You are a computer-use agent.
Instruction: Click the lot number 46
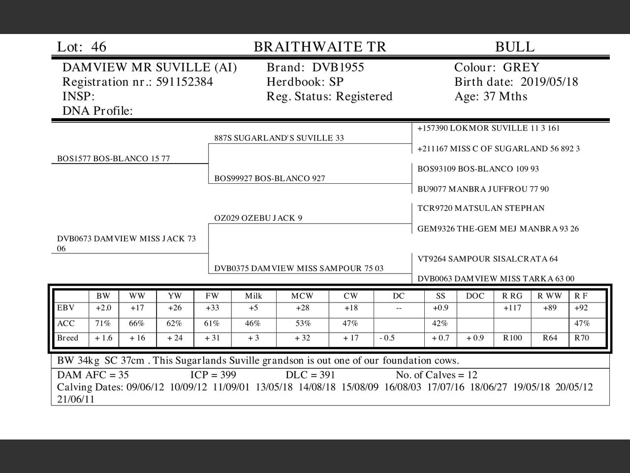click(98, 47)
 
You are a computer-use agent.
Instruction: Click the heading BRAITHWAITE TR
click(320, 47)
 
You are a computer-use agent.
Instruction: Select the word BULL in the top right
click(514, 47)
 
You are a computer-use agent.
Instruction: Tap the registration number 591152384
click(185, 82)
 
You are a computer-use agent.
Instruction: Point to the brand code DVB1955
click(338, 68)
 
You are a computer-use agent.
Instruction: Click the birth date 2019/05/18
click(549, 82)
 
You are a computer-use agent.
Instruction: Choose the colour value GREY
click(521, 68)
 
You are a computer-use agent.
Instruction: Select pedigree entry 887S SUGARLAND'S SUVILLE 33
click(279, 138)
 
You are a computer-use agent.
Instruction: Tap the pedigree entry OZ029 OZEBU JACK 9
click(258, 218)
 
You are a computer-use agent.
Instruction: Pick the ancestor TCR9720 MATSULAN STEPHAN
click(481, 208)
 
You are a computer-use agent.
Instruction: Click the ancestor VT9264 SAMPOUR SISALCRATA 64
click(488, 259)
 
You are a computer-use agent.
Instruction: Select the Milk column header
click(253, 296)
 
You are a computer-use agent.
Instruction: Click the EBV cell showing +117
click(512, 308)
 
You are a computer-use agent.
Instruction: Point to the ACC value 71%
click(103, 324)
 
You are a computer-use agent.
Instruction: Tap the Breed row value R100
click(512, 338)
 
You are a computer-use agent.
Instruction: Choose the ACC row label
click(66, 324)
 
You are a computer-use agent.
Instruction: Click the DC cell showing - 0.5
click(387, 338)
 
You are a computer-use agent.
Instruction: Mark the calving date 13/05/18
click(274, 387)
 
